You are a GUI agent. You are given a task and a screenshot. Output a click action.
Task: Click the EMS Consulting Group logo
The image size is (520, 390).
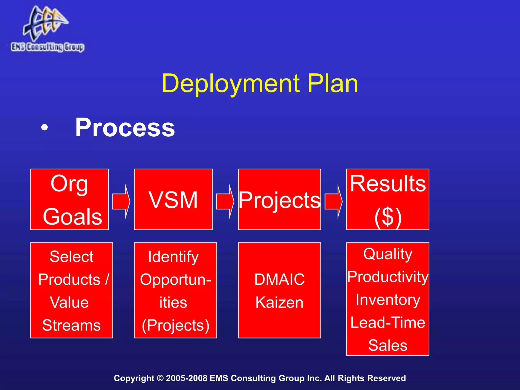pyautogui.click(x=47, y=29)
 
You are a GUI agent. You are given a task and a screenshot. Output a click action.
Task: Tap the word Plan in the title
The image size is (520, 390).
pyautogui.click(x=333, y=83)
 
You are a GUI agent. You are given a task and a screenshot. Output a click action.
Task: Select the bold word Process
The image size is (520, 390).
pyautogui.click(x=125, y=127)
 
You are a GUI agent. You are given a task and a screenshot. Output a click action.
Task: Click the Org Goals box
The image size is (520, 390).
pyautogui.click(x=69, y=199)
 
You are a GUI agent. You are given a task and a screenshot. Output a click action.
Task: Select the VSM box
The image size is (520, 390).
pyautogui.click(x=173, y=199)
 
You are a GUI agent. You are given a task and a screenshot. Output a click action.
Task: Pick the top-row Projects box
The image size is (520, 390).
pyautogui.click(x=279, y=199)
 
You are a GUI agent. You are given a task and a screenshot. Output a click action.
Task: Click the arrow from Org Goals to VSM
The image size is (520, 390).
pyautogui.click(x=121, y=202)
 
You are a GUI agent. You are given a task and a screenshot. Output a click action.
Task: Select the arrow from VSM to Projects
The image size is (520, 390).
pyautogui.click(x=225, y=202)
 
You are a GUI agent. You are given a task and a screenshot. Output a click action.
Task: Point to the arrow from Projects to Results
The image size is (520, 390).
pyautogui.click(x=333, y=202)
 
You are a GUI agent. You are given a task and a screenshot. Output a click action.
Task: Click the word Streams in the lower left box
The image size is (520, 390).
pyautogui.click(x=71, y=325)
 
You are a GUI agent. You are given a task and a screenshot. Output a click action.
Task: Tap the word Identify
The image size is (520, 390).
pyautogui.click(x=173, y=257)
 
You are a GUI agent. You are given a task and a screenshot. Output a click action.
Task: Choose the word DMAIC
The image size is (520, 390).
pyautogui.click(x=279, y=279)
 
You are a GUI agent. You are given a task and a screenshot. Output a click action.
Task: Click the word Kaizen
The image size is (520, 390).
pyautogui.click(x=279, y=302)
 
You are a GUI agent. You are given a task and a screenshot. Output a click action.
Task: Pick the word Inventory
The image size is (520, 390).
pyautogui.click(x=388, y=300)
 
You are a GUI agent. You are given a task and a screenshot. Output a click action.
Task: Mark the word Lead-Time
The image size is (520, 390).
pyautogui.click(x=388, y=322)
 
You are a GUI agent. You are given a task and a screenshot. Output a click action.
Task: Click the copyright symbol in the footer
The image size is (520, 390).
pyautogui.click(x=160, y=378)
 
